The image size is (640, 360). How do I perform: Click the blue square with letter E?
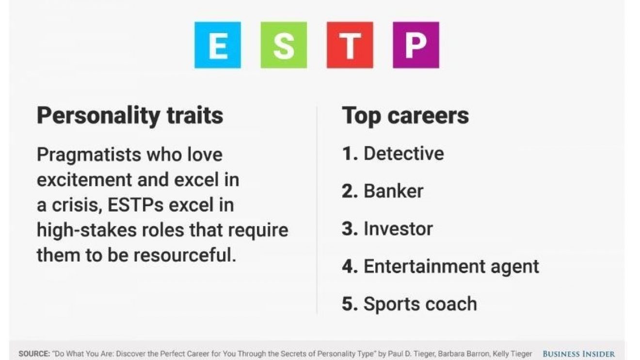point(218,45)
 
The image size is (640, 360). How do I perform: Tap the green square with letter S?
point(284,45)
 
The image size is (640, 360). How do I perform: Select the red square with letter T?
point(350,45)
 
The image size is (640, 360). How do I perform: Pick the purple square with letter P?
point(416,45)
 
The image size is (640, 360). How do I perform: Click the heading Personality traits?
point(130,116)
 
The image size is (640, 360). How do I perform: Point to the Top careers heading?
point(405,116)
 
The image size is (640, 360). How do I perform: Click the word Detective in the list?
point(404,153)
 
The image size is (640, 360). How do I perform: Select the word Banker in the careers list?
point(393,191)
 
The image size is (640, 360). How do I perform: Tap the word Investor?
point(398,229)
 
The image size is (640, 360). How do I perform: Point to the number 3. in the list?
point(350,229)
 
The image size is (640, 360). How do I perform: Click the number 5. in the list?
point(350,304)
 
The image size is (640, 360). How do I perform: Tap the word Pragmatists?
point(89,155)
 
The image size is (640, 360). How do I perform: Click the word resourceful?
point(185,255)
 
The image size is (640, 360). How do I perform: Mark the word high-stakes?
point(87,230)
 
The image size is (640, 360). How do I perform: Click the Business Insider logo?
point(579,354)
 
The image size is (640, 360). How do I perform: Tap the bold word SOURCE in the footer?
point(34,354)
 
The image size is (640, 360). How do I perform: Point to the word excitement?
point(84,180)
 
